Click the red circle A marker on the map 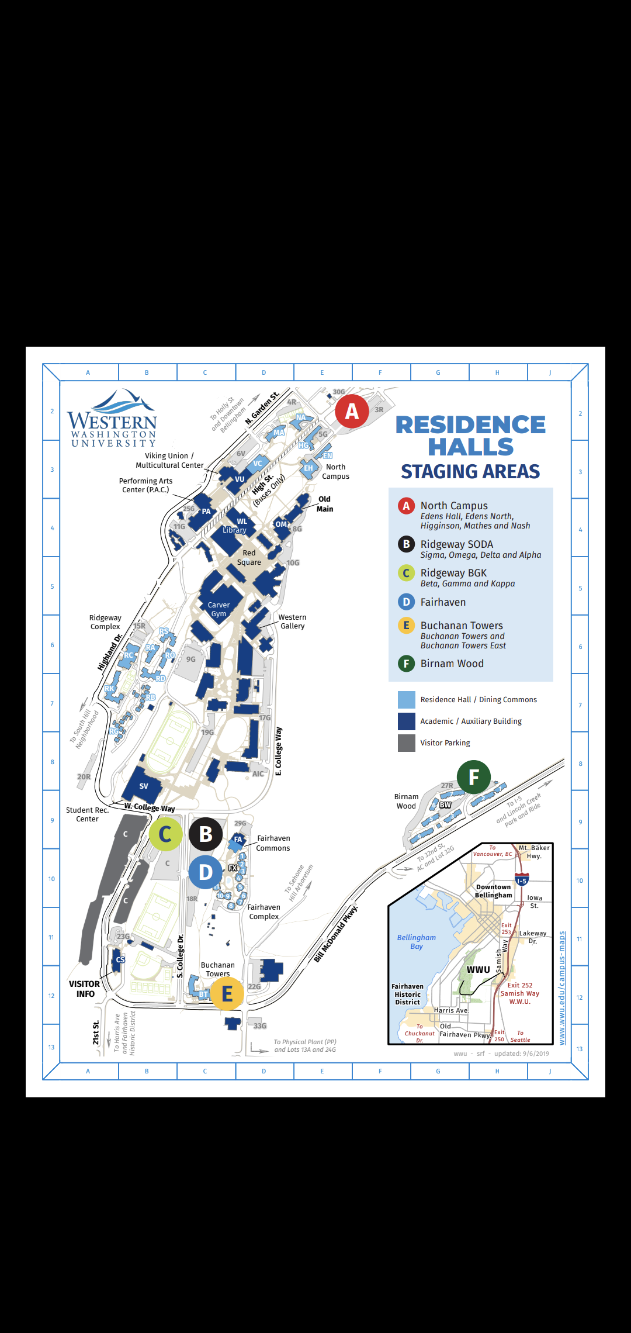pos(352,412)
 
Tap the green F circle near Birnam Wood pos(474,776)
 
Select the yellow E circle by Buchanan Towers pos(227,993)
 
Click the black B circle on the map pos(206,834)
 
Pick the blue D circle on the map pos(206,872)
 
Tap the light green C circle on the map pos(165,834)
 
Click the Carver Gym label pos(219,609)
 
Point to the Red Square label pos(249,557)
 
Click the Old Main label pos(325,504)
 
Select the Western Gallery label pos(292,621)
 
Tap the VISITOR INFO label pos(85,989)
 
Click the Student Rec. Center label pos(87,814)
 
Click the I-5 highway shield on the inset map pos(522,880)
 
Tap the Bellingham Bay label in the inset pos(417,941)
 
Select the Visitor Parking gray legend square pos(406,743)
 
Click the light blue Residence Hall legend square pos(406,700)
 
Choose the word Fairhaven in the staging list pos(443,602)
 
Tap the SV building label pos(144,786)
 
